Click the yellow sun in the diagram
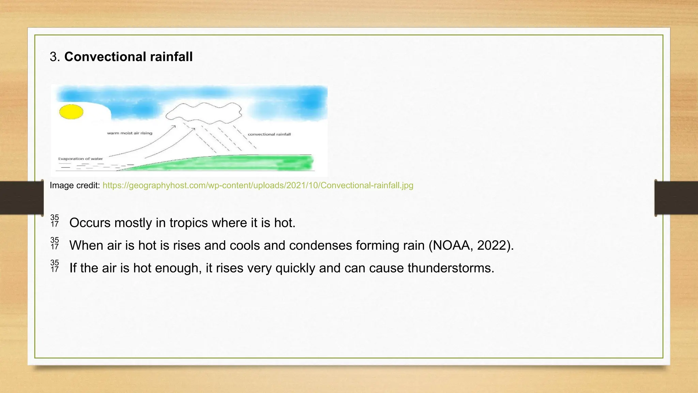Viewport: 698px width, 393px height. click(71, 112)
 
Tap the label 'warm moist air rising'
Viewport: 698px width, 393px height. click(130, 133)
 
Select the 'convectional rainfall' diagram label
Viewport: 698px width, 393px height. click(269, 134)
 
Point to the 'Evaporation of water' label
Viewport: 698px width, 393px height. click(80, 159)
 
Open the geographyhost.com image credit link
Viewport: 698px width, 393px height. click(258, 185)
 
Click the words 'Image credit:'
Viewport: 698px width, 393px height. click(75, 185)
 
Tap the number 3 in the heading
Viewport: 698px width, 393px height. click(53, 57)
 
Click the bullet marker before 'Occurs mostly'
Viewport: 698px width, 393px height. click(55, 221)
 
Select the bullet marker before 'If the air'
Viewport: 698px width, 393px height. click(55, 266)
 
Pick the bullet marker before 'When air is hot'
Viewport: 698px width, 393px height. click(55, 243)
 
